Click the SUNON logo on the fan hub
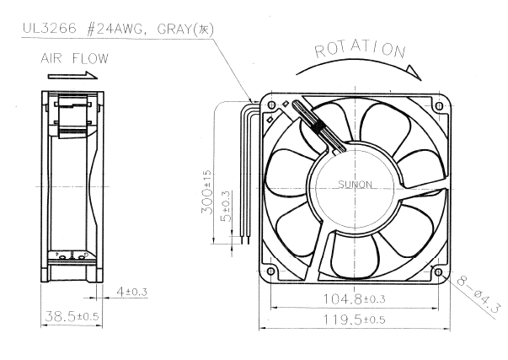(355, 185)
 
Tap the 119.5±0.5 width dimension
(355, 320)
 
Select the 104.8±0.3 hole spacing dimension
(355, 298)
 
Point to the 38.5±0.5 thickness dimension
(72, 316)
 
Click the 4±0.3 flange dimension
(132, 292)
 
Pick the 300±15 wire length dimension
(206, 191)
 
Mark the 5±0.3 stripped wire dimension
(226, 207)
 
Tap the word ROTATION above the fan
(360, 50)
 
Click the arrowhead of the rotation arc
(414, 73)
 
